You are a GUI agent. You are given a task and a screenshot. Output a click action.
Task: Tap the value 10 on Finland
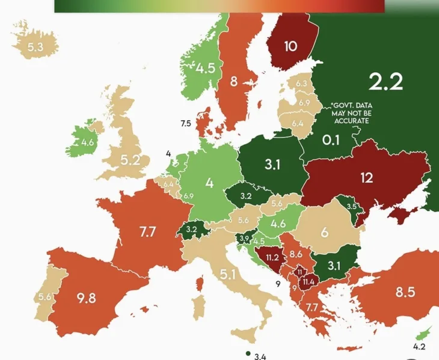290,46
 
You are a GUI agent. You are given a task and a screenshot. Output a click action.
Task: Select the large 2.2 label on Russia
385,81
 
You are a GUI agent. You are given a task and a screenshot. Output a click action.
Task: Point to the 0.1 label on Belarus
330,140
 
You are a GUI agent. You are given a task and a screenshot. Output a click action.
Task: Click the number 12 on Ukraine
367,178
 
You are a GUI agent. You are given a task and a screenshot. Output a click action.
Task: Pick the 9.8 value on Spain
87,297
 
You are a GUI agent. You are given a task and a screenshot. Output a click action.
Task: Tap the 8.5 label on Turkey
405,293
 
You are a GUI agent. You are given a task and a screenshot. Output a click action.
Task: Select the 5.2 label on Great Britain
129,160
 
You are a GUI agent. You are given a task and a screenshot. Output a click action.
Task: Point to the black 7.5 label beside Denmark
185,123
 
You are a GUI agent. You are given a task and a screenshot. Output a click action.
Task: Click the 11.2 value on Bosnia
269,259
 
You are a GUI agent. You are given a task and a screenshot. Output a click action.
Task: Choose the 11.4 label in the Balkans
310,281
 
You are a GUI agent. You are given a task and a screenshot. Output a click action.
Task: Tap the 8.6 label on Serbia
296,254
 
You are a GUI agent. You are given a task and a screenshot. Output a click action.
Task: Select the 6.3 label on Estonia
301,83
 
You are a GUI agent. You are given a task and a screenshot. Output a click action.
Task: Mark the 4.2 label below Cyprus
419,346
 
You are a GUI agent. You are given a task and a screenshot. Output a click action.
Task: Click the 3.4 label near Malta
260,356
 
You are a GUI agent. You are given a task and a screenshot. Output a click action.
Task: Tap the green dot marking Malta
247,353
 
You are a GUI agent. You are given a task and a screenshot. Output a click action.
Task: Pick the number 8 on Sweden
234,81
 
